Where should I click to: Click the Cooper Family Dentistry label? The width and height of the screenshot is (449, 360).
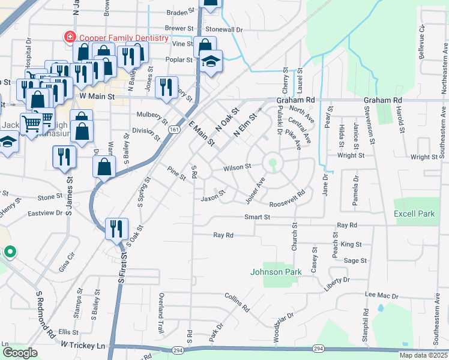[122, 38]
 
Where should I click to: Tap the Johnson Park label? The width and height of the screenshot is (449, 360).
[276, 272]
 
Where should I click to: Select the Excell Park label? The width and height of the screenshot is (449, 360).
[414, 214]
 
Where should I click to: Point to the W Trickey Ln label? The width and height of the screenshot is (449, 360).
[83, 345]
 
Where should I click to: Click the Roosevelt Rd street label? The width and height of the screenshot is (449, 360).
[288, 199]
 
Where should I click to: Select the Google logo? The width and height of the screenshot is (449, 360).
[20, 353]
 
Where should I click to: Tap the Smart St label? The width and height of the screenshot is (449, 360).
[257, 217]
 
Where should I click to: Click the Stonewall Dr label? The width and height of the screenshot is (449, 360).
[224, 29]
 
